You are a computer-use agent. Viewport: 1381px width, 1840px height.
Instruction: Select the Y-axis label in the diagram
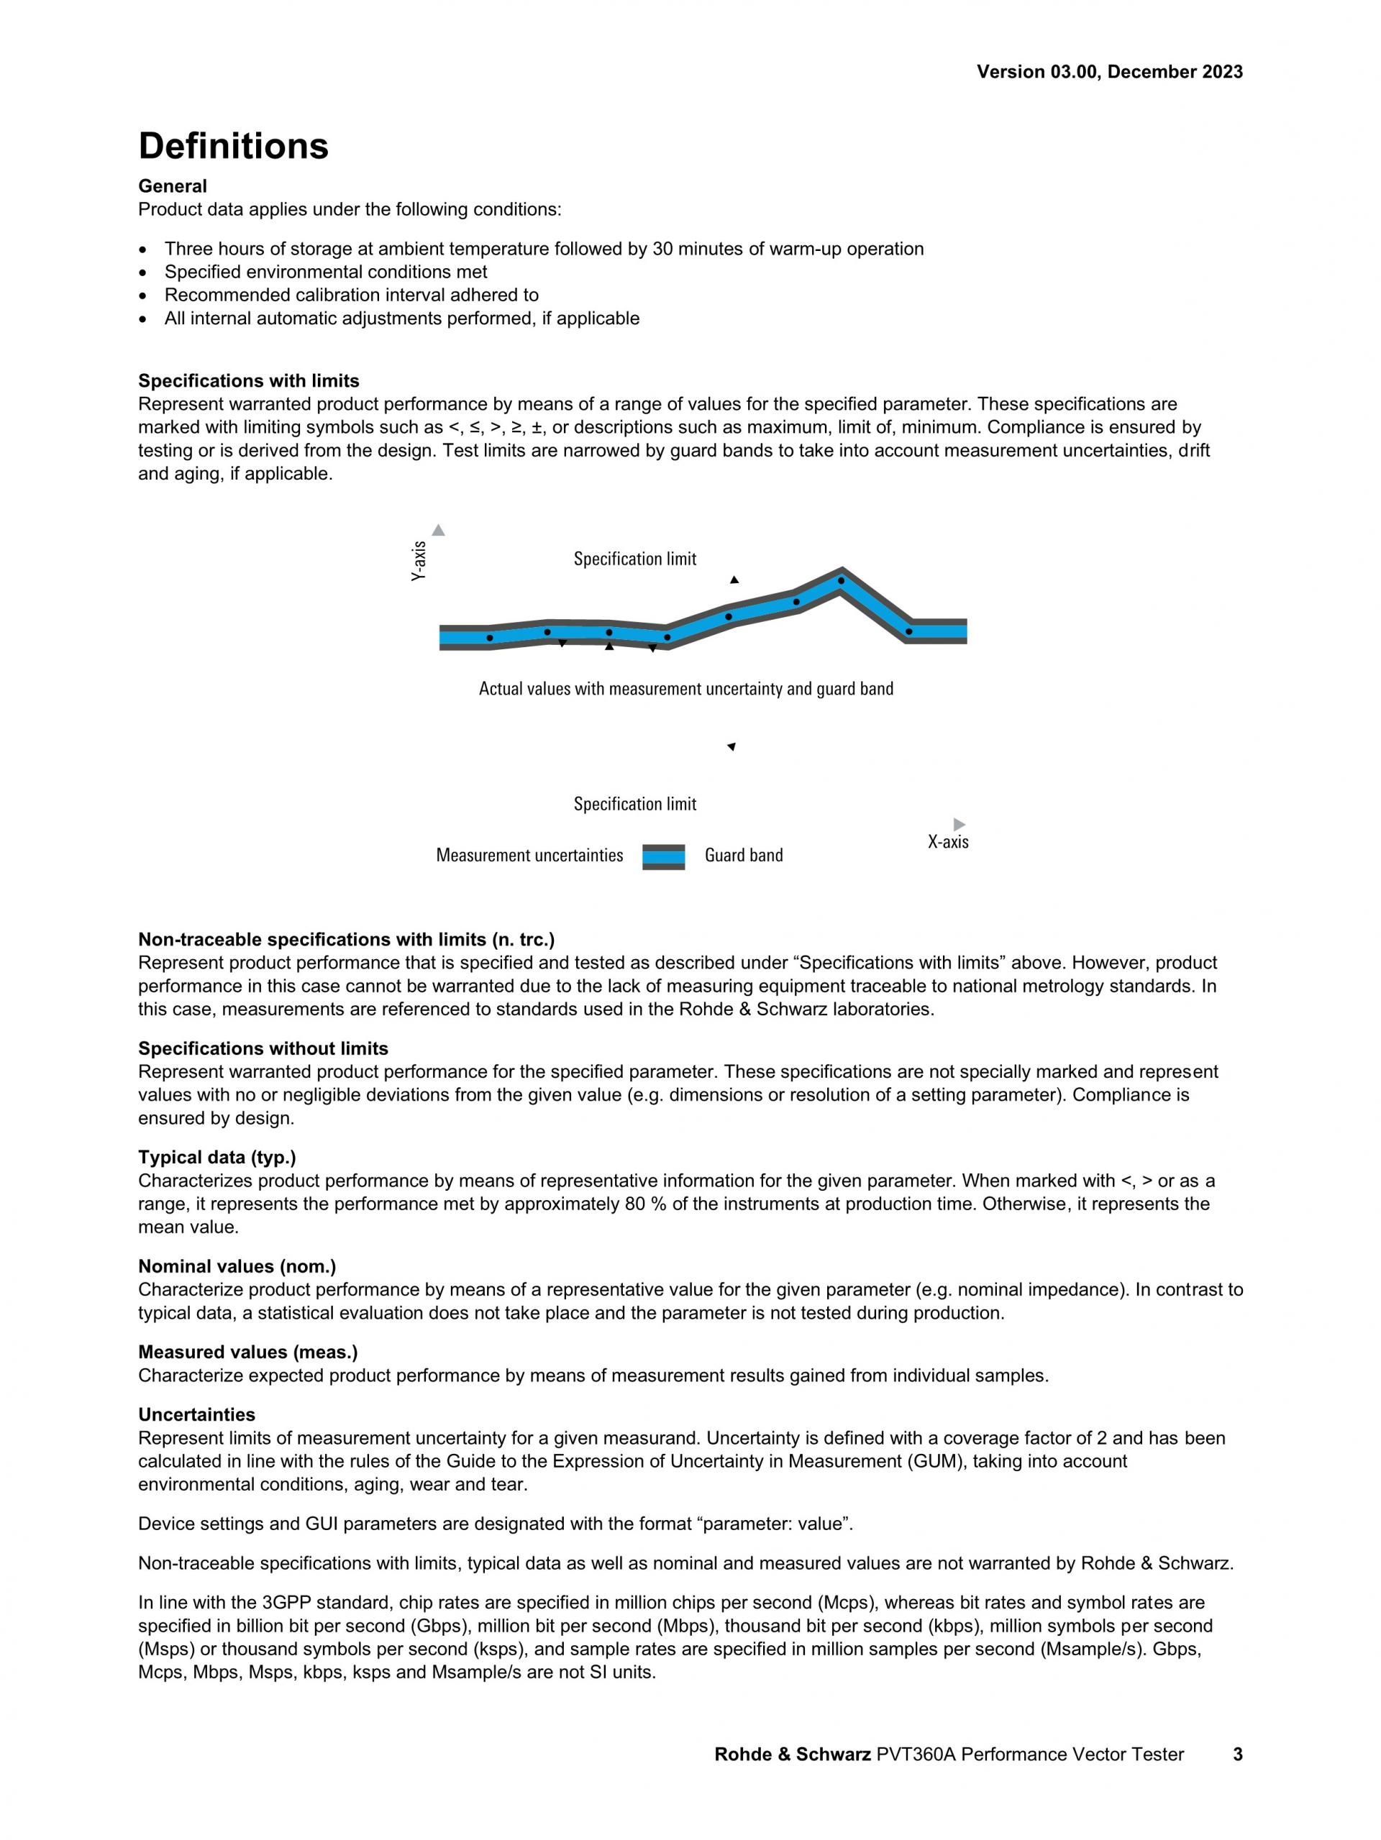419,561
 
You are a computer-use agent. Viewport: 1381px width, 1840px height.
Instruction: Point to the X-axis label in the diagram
947,842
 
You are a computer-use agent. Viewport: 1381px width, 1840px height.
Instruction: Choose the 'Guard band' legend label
743,855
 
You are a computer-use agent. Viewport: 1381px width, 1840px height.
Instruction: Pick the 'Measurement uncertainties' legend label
529,855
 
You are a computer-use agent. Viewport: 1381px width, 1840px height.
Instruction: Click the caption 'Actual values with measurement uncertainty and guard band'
685,689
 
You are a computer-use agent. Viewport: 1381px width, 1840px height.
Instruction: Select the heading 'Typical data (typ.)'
217,1157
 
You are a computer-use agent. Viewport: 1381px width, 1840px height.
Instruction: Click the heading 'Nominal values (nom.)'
237,1266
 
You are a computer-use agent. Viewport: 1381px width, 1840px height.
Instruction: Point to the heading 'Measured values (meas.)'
248,1352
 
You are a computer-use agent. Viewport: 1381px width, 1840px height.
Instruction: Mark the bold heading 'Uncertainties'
196,1414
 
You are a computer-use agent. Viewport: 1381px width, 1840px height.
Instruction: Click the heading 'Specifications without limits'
263,1048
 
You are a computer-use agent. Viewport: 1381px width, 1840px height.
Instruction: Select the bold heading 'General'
172,186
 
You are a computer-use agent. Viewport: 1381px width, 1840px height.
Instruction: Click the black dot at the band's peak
840,580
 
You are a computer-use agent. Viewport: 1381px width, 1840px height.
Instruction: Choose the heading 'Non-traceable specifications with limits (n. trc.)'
346,939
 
